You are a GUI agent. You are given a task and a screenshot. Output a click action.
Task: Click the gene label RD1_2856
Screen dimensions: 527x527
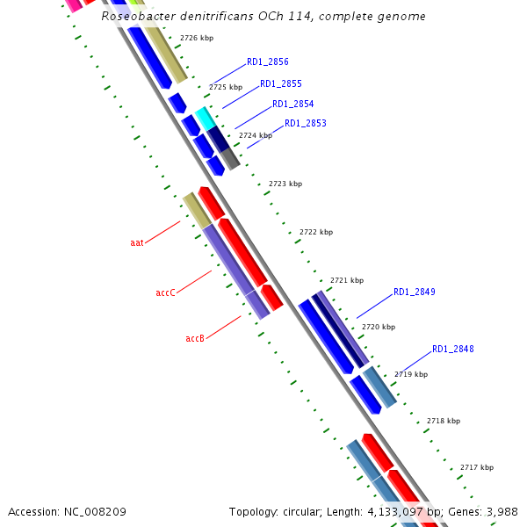[267, 62]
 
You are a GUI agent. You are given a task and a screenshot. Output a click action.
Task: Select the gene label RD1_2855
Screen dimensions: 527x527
[280, 84]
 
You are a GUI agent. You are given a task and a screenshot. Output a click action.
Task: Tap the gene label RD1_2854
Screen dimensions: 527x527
[292, 105]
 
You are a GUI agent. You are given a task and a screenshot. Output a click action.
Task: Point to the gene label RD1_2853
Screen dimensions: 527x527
[305, 124]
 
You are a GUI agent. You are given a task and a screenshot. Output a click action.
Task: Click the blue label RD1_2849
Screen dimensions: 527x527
[414, 292]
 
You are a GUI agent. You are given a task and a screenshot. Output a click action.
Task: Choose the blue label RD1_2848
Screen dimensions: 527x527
[452, 350]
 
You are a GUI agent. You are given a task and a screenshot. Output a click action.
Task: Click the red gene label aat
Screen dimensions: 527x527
[137, 242]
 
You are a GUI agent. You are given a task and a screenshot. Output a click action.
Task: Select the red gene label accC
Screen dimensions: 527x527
[165, 292]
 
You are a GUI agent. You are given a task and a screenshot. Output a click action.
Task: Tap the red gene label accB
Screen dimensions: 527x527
[195, 338]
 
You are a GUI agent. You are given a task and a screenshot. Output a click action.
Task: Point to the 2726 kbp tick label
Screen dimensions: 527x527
[196, 39]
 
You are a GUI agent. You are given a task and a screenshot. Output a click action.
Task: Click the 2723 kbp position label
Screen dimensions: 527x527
[285, 184]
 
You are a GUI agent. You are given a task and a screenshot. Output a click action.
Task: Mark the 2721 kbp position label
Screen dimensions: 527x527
[346, 280]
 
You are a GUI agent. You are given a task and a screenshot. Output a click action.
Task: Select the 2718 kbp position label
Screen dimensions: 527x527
[443, 421]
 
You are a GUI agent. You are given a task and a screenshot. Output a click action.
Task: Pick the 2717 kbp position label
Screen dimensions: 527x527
[476, 467]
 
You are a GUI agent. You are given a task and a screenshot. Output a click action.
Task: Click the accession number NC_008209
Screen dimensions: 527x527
[97, 511]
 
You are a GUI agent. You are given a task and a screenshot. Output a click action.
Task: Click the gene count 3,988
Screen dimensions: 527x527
[502, 511]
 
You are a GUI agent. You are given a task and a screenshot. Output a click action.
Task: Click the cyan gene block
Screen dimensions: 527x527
[204, 117]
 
